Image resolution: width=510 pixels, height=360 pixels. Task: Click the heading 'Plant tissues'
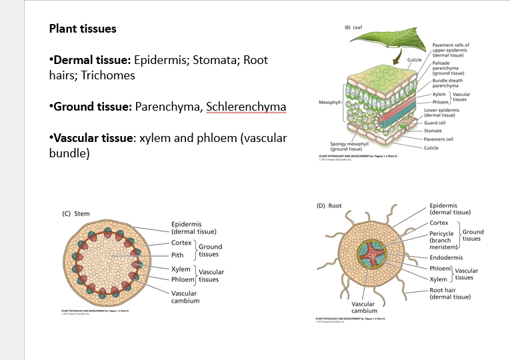coord(83,29)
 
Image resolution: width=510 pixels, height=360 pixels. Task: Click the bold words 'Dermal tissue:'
coord(91,61)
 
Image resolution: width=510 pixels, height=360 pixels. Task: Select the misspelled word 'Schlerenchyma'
coord(246,107)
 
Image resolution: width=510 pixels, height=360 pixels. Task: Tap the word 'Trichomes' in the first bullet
coord(108,75)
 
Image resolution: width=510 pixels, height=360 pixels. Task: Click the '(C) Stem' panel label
coord(75,213)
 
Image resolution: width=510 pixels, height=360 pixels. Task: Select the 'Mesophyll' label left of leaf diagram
coord(329,103)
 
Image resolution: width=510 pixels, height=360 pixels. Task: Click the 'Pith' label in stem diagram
coord(178,255)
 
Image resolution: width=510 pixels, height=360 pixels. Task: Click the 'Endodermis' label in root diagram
coord(445,257)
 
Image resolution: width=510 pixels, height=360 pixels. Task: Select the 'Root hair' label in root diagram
coord(443,290)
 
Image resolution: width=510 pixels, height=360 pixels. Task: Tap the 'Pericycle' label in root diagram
coord(441,234)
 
